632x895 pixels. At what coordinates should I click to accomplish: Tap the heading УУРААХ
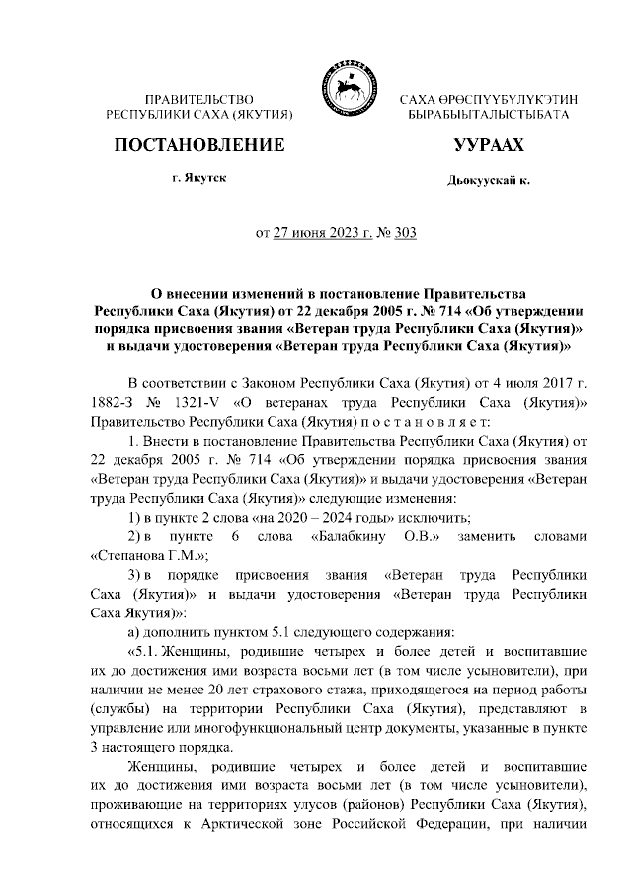point(488,145)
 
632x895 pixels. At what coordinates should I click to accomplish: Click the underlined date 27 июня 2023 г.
point(321,234)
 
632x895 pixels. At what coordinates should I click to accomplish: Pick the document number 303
point(405,234)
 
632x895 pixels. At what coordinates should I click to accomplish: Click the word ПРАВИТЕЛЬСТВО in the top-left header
point(199,100)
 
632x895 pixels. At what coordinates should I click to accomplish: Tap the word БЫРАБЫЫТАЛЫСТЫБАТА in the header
point(488,116)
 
